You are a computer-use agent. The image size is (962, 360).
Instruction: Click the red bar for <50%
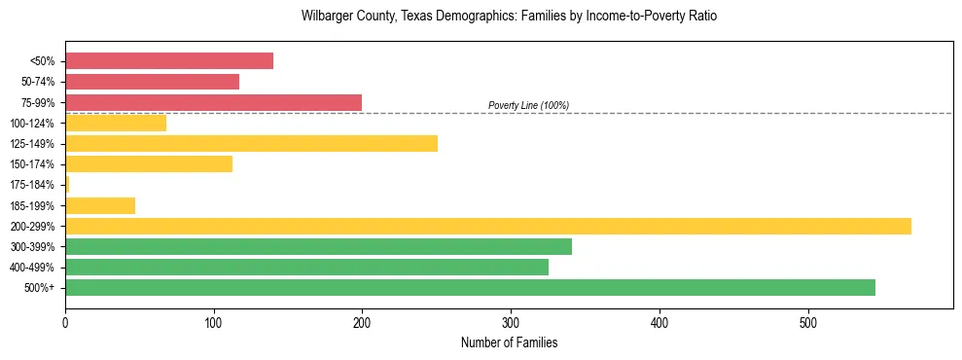tap(168, 61)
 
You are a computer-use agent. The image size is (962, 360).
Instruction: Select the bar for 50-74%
tap(152, 82)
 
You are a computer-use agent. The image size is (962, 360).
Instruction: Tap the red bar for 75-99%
tap(213, 102)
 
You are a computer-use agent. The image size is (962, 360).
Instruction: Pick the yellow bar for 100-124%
tap(115, 123)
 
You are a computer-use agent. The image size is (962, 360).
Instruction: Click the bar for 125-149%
tap(251, 144)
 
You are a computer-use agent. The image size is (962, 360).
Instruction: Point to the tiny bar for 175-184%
tap(67, 185)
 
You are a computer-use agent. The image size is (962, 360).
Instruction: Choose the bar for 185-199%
tap(99, 205)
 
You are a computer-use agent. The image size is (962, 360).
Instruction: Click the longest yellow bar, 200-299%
tap(487, 226)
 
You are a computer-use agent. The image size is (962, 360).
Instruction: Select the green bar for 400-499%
tap(306, 267)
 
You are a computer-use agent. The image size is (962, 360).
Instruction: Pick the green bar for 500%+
tap(470, 287)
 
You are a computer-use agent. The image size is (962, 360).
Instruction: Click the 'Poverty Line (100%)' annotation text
tap(528, 105)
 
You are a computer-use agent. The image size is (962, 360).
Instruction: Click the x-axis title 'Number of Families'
tap(509, 342)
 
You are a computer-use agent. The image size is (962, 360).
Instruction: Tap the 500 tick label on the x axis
tap(807, 322)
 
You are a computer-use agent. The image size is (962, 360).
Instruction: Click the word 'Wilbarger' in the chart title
tap(328, 17)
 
